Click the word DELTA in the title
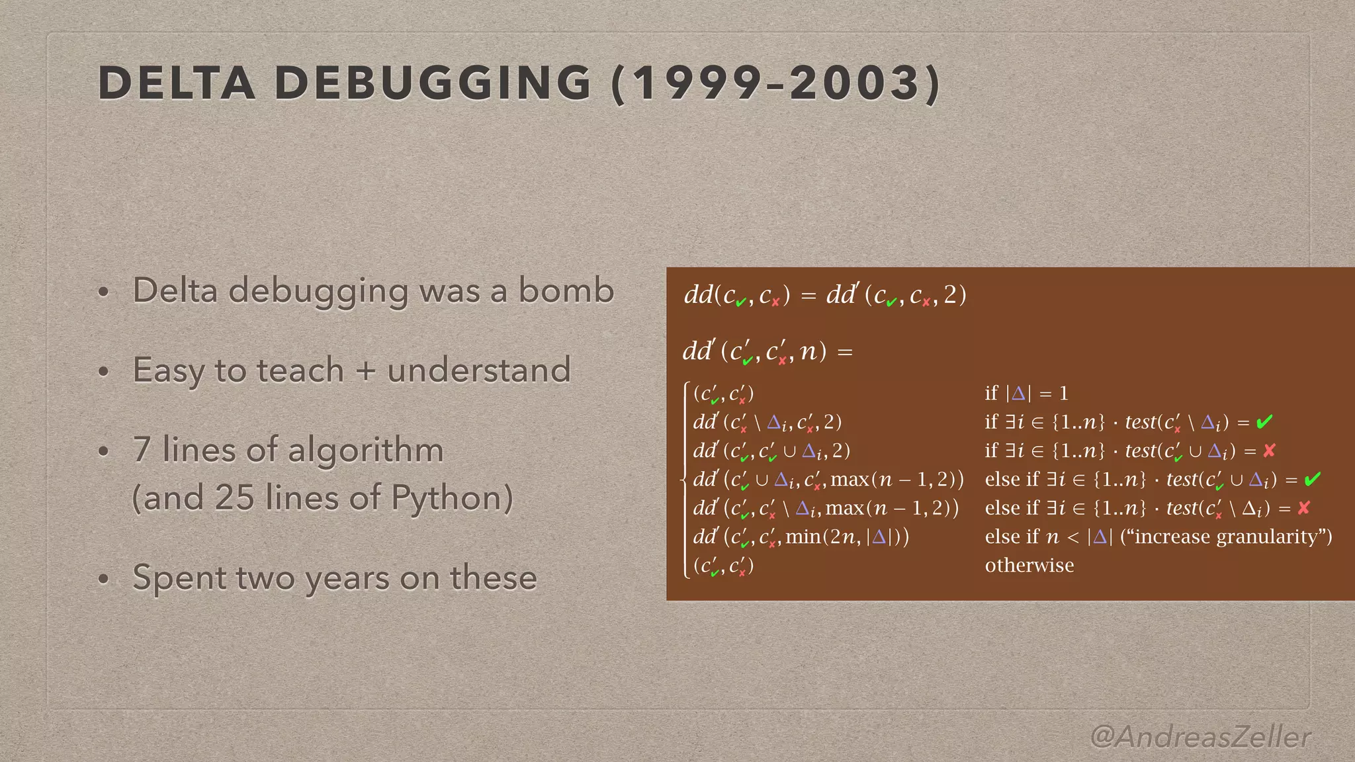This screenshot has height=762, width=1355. (x=177, y=83)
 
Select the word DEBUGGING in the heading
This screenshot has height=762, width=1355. (x=433, y=83)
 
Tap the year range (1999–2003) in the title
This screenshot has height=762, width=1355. (x=776, y=83)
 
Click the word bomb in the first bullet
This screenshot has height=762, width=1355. (x=566, y=290)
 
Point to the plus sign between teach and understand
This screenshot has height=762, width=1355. (x=365, y=370)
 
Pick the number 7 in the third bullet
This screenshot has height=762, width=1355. (x=142, y=450)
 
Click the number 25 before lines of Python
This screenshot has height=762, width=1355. (x=234, y=497)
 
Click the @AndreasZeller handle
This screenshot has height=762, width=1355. (x=1200, y=736)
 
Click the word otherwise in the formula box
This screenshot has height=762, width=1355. (x=1029, y=566)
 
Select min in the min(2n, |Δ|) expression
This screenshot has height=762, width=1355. (x=803, y=536)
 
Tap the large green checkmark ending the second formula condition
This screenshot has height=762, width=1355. (x=1264, y=421)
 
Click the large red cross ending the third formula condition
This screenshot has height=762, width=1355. (x=1269, y=450)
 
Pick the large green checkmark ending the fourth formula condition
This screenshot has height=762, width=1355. (x=1313, y=479)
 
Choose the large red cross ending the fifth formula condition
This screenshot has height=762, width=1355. (x=1304, y=508)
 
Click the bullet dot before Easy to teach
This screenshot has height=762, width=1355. (x=103, y=371)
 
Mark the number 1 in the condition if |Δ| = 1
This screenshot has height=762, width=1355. (x=1064, y=394)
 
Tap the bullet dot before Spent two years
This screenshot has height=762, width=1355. (x=103, y=579)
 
